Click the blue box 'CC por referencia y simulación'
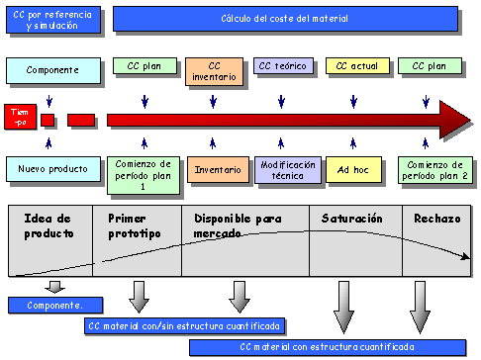(x=53, y=20)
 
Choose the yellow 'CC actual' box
(x=355, y=67)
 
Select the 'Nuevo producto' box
(x=53, y=169)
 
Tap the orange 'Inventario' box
(x=218, y=169)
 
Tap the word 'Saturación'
(x=346, y=218)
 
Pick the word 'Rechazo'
(x=436, y=218)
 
